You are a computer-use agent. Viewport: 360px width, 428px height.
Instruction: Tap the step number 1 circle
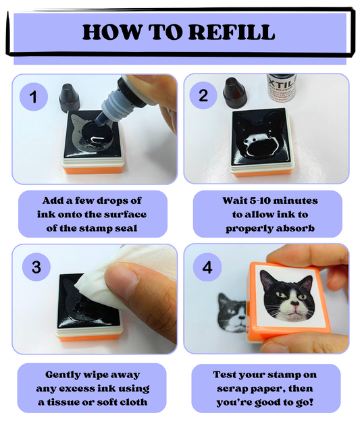[x=34, y=97]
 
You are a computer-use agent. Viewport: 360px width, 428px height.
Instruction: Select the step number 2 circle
[x=203, y=96]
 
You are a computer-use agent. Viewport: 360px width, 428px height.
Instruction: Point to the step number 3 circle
[x=36, y=267]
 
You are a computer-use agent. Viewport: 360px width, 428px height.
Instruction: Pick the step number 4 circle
[x=207, y=267]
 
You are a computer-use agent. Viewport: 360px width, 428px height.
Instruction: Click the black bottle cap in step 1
[x=69, y=98]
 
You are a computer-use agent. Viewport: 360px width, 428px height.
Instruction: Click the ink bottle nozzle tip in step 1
[x=99, y=124]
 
